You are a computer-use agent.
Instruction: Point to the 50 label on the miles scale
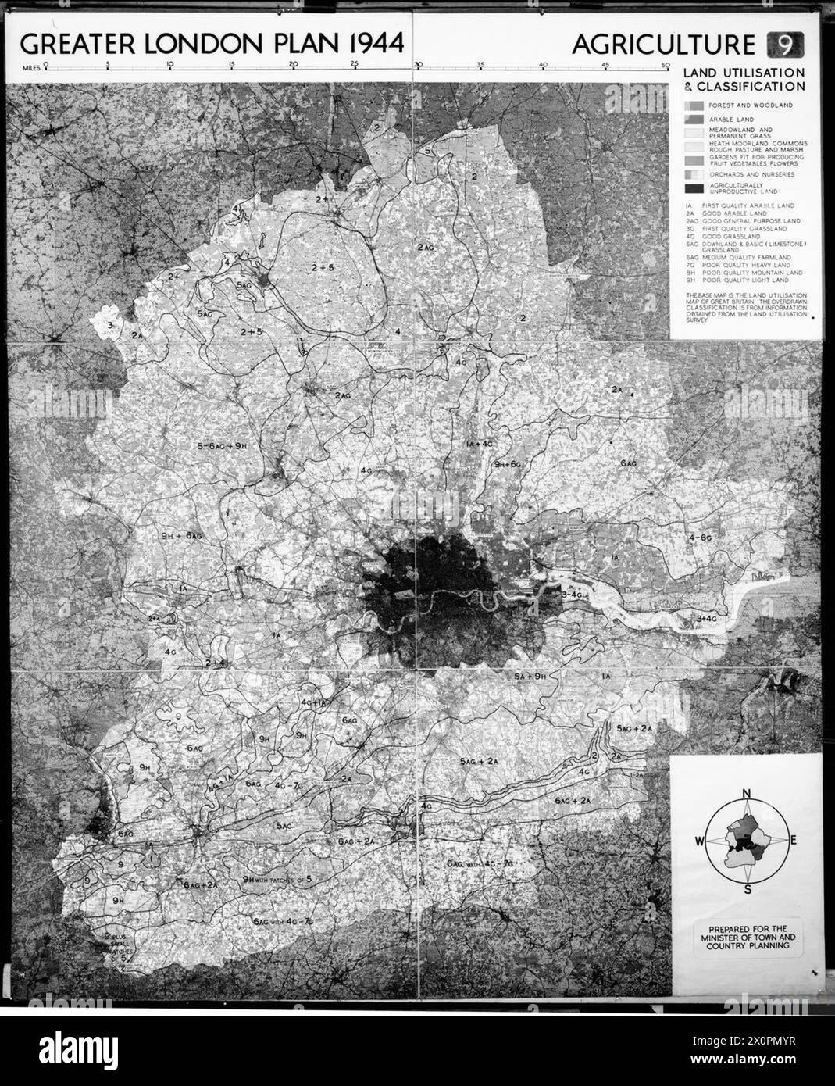pyautogui.click(x=665, y=66)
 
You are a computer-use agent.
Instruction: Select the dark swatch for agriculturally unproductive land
pyautogui.click(x=694, y=190)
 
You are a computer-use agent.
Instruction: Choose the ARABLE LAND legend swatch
pyautogui.click(x=694, y=119)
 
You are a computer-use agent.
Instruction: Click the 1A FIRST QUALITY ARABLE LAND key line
pyautogui.click(x=738, y=205)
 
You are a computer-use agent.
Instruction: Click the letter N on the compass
pyautogui.click(x=746, y=795)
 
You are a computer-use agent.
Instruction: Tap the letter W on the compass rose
pyautogui.click(x=698, y=841)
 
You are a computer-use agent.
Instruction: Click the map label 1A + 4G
pyautogui.click(x=479, y=444)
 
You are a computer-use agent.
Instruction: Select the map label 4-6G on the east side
pyautogui.click(x=699, y=538)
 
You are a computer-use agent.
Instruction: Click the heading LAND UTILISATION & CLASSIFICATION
pyautogui.click(x=743, y=80)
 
